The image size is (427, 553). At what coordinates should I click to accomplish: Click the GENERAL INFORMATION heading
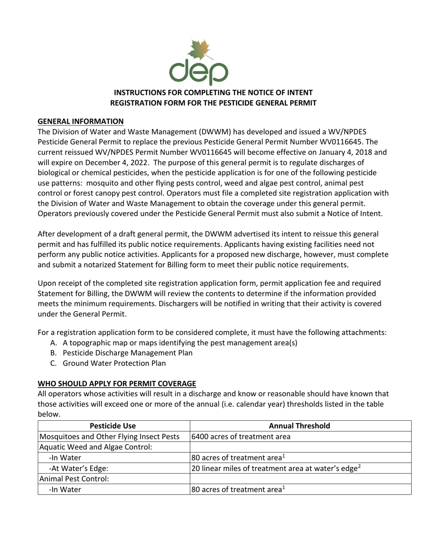coord(80,121)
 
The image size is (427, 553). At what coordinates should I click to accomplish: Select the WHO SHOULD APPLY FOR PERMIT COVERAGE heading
coord(117,384)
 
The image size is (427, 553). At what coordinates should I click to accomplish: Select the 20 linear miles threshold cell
coord(276,468)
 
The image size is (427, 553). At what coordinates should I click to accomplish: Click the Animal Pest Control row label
coord(74,479)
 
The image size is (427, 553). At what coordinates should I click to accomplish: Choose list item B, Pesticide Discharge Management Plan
coord(127,353)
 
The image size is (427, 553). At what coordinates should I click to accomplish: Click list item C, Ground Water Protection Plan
coord(114,363)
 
